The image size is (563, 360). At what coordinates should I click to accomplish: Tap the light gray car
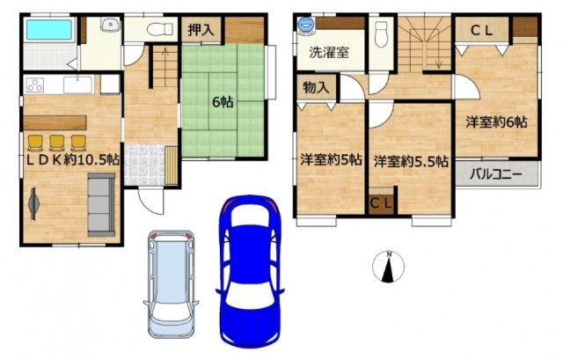(x=172, y=283)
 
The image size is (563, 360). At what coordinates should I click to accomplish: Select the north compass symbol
(x=388, y=267)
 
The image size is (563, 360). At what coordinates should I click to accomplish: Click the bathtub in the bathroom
(x=49, y=29)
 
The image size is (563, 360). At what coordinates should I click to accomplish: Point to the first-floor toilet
(x=159, y=29)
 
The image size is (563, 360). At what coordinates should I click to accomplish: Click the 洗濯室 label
(x=329, y=53)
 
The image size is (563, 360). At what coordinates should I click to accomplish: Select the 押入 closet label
(x=201, y=30)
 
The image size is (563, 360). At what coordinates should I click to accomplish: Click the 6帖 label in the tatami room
(x=223, y=102)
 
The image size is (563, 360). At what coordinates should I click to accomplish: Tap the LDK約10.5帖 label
(x=73, y=160)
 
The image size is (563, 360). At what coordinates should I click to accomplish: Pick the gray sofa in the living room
(x=101, y=204)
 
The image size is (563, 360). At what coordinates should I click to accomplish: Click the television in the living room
(x=33, y=203)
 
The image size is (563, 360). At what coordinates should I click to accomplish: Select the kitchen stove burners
(x=35, y=85)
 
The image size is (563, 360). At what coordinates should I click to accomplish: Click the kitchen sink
(x=78, y=85)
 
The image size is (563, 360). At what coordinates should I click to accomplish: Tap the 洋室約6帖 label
(x=496, y=123)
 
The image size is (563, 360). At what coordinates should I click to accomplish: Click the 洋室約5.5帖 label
(x=411, y=162)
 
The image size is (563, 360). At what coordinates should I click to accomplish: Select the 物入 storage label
(x=316, y=87)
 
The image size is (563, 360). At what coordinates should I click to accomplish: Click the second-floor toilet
(x=381, y=33)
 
